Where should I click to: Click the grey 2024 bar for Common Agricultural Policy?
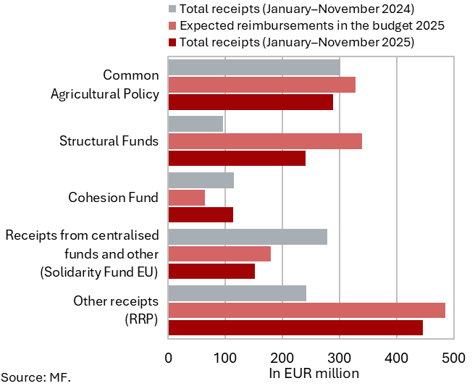254,67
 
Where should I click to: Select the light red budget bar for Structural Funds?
265,141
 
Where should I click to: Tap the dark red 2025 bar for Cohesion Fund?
201,214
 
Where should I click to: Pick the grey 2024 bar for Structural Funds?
196,124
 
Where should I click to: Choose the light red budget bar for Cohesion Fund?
187,197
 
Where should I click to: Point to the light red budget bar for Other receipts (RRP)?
307,311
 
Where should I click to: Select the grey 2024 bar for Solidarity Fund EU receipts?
248,237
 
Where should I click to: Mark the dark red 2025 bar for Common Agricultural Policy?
251,102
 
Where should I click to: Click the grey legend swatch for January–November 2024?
172,9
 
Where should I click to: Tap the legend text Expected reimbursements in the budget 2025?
311,25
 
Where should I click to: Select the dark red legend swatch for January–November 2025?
172,42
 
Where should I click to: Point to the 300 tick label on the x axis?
340,357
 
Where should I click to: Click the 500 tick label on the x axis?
453,357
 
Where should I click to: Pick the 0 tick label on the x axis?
169,357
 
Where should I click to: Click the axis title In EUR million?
314,374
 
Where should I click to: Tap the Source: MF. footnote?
36,377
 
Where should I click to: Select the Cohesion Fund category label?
113,197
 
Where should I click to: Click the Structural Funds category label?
109,140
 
